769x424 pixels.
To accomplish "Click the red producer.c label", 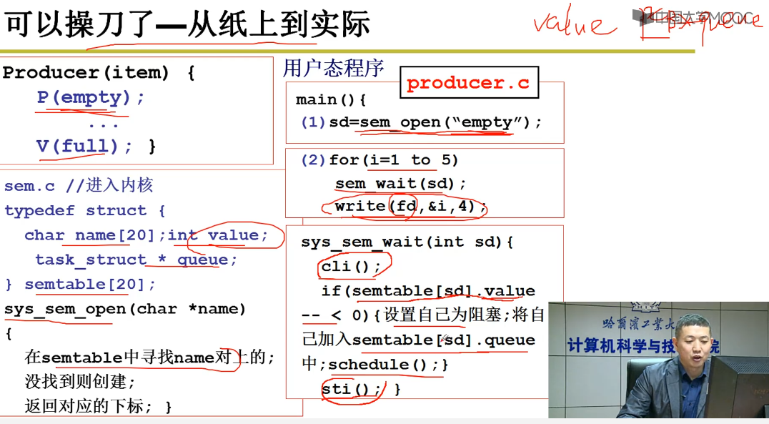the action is coord(467,83).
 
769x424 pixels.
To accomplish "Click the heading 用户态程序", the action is coord(333,68).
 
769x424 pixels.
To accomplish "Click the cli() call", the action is coord(346,267).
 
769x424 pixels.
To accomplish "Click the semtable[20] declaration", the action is coord(89,285).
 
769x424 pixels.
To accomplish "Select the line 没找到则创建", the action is coord(79,382).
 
